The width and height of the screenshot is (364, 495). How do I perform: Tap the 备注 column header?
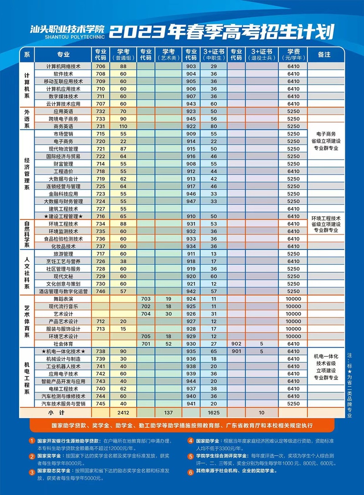pos(324,54)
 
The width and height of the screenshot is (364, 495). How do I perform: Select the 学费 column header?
pos(293,54)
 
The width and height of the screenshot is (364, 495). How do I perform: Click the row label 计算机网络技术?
pos(63,66)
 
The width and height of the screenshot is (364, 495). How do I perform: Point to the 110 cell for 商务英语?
pos(123,126)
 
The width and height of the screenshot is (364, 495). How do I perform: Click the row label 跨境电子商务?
pos(63,119)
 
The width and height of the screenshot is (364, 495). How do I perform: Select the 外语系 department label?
pos(27,119)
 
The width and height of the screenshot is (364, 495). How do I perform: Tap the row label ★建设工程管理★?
pos(63,216)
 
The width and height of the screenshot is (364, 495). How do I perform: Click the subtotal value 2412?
pos(123,412)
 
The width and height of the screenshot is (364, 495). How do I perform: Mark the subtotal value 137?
pos(168,412)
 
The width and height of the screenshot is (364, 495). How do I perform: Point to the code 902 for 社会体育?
pos(236,344)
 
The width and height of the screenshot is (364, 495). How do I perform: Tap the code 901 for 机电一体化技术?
pos(236,351)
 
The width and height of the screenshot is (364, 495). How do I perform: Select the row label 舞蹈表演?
pos(63,298)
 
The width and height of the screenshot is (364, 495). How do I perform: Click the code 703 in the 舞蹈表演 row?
pos(146,298)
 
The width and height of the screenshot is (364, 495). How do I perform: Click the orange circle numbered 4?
pos(190,441)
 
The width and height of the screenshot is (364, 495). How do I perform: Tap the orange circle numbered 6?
pos(190,471)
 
